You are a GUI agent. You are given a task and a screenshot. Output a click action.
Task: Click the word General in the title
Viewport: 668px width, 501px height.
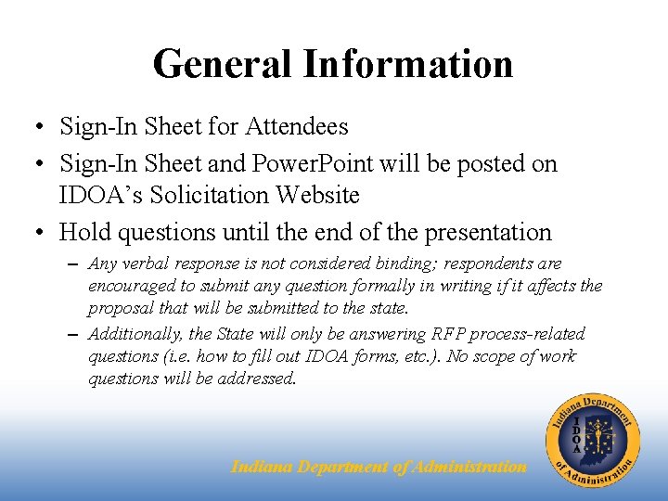click(x=222, y=64)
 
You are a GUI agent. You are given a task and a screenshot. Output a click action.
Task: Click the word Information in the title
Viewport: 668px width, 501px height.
click(x=407, y=64)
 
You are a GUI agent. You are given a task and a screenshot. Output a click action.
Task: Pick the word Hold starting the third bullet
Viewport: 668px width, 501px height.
click(x=83, y=232)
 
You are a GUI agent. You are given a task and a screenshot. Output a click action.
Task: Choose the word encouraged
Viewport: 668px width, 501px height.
click(x=129, y=286)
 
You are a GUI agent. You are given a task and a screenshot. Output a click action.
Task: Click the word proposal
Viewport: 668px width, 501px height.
click(x=117, y=307)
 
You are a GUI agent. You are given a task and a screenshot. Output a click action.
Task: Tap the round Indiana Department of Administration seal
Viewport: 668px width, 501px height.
click(x=593, y=438)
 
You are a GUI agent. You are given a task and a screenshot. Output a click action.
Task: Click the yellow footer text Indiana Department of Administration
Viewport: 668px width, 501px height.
click(x=379, y=467)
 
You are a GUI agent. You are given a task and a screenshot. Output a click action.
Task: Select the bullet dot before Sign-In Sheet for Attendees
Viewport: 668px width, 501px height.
click(x=32, y=126)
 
